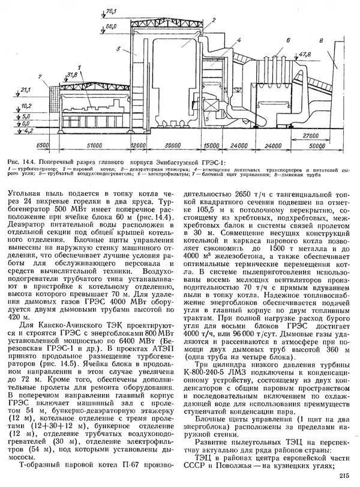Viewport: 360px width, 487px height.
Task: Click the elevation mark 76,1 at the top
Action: [110, 10]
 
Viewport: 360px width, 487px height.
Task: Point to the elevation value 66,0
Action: [110, 27]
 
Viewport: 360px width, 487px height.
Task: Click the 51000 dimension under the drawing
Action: [94, 145]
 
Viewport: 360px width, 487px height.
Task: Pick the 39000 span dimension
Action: [174, 145]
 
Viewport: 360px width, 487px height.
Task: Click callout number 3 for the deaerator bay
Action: [119, 48]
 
